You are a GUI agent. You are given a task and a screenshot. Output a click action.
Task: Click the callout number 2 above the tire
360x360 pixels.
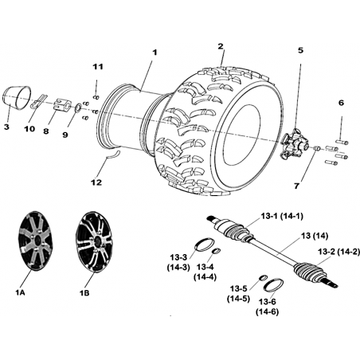click(221, 46)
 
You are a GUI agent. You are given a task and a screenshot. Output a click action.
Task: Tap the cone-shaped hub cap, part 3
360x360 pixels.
click(17, 97)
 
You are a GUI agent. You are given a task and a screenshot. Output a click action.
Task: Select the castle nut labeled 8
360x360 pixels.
click(62, 104)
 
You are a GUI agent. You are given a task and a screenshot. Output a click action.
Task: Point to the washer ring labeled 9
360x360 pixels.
click(78, 108)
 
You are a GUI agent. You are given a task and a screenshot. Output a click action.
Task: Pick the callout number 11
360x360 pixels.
click(98, 67)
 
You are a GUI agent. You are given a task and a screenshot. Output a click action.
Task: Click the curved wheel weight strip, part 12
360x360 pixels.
click(112, 155)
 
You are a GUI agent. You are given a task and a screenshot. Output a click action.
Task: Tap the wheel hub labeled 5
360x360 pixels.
click(294, 144)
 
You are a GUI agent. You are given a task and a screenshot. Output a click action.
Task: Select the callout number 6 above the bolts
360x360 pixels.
click(342, 103)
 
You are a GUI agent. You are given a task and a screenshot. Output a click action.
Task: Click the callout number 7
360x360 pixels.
click(296, 186)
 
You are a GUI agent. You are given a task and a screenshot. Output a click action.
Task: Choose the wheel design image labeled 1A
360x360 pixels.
click(36, 241)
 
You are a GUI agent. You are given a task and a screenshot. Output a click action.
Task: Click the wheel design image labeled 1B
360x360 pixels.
click(93, 241)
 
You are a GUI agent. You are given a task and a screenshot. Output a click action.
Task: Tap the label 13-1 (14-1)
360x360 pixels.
click(282, 216)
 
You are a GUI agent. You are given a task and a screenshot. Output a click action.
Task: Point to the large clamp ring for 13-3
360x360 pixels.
click(204, 245)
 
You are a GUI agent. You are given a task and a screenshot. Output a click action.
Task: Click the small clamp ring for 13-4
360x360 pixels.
click(217, 251)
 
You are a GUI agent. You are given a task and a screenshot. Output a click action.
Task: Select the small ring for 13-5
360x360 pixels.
click(263, 278)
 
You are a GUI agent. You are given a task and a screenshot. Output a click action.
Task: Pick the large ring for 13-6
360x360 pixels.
click(273, 285)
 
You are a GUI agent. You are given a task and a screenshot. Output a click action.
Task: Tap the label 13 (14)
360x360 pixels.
click(315, 236)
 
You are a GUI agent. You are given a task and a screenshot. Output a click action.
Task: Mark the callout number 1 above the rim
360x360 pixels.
click(155, 53)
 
